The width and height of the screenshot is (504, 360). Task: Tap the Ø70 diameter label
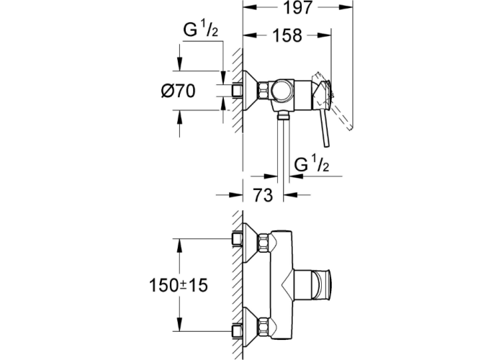179,91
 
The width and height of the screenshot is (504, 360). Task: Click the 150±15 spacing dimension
179,286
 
